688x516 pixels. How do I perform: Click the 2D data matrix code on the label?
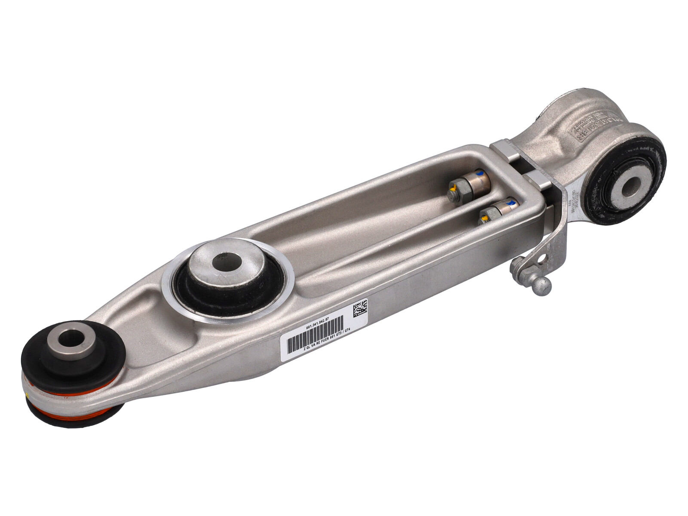(360, 308)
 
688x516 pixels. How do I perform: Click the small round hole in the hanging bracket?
(542, 258)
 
